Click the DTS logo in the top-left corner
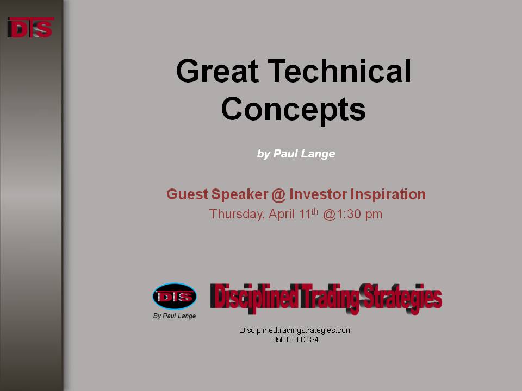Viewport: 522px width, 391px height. pos(30,28)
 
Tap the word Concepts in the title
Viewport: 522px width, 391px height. pos(293,109)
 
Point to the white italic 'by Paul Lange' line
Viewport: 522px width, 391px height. pos(296,154)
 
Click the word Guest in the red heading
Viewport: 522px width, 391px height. pos(188,194)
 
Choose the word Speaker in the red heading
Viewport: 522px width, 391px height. pos(240,194)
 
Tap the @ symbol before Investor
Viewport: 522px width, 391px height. pos(278,195)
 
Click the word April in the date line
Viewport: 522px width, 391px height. pos(281,214)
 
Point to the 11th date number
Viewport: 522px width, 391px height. pos(308,213)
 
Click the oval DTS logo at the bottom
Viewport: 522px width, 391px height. pos(175,297)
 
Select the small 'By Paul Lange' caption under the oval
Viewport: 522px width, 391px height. pos(175,316)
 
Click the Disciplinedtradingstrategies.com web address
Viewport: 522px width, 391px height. pos(296,331)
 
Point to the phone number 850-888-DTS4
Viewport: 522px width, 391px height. pos(296,340)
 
